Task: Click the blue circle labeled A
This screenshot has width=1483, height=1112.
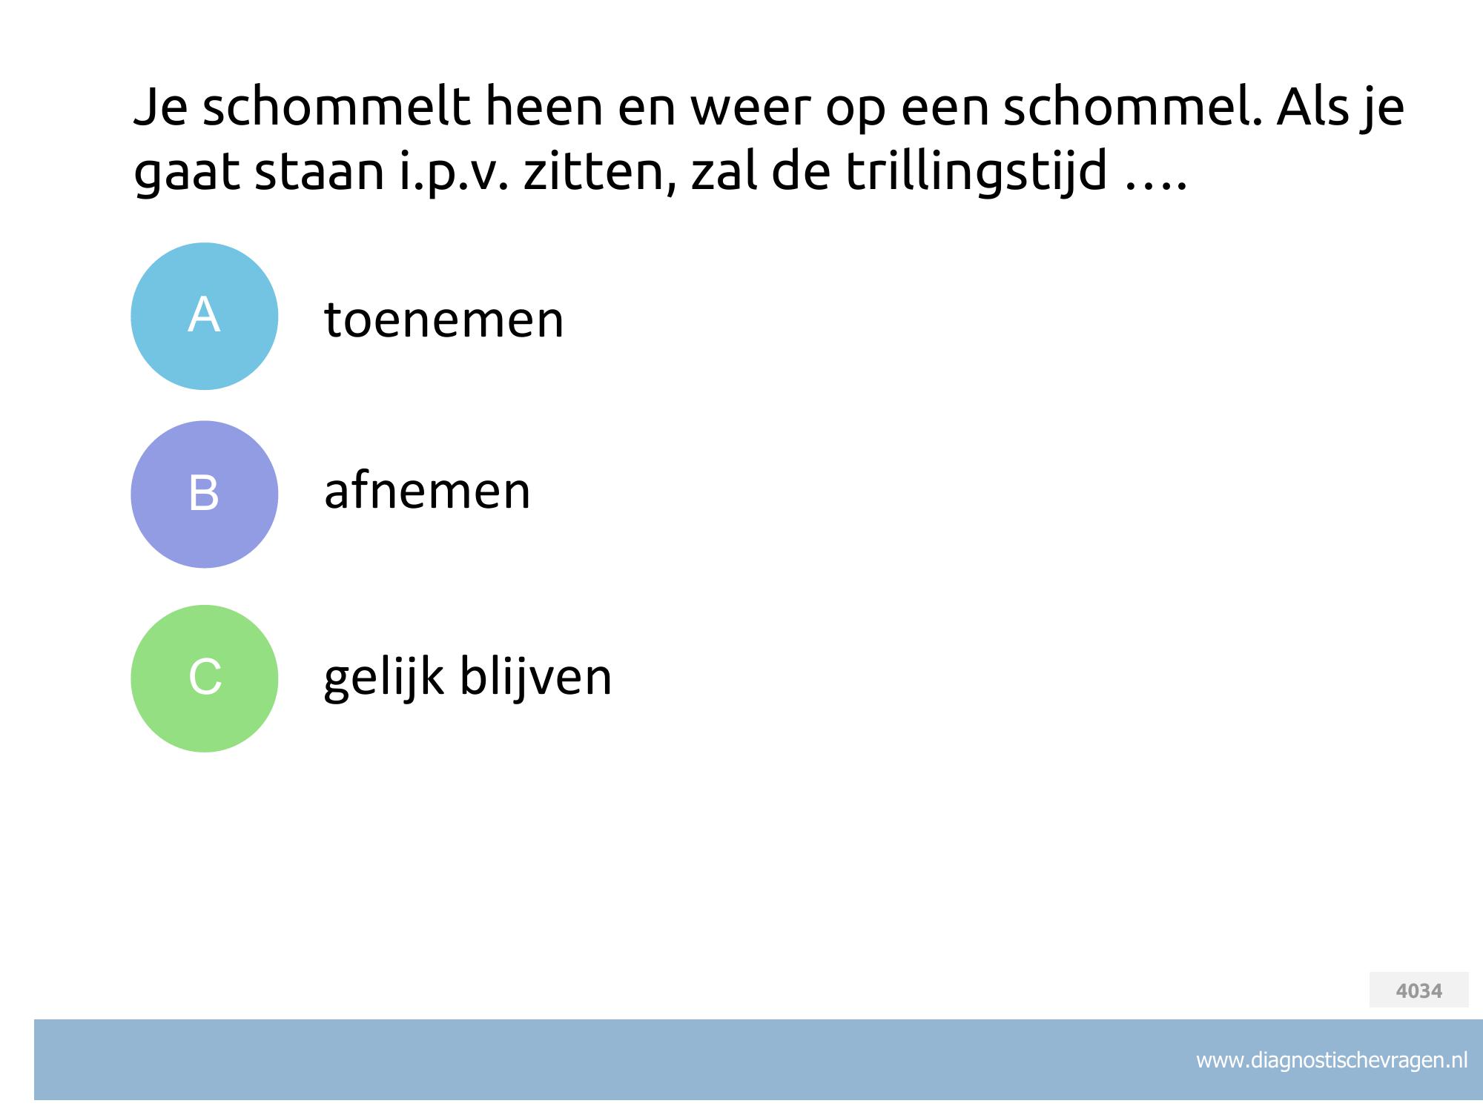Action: click(204, 317)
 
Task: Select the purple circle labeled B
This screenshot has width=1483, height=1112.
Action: click(204, 494)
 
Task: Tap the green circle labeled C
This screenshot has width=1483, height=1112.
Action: click(204, 678)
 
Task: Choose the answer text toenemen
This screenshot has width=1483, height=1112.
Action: click(443, 320)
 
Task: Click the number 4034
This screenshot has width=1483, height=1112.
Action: click(1418, 990)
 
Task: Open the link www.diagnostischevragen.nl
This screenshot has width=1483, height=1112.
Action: click(1332, 1060)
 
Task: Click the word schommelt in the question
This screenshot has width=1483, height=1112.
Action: click(336, 107)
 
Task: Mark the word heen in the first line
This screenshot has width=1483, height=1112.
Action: click(544, 107)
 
